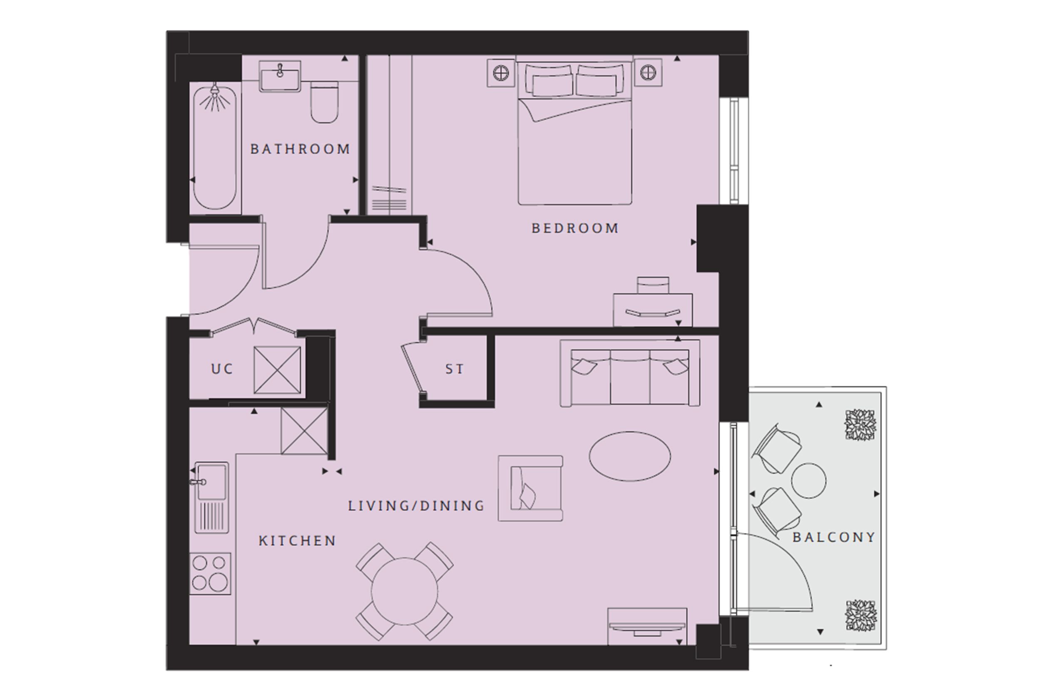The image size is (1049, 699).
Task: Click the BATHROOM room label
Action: [x=300, y=149]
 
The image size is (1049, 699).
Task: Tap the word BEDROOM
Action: [x=575, y=228]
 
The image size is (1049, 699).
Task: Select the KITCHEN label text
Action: [x=298, y=541]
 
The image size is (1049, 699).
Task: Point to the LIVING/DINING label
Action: [x=416, y=506]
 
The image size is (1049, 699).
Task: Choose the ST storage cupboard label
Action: [x=455, y=369]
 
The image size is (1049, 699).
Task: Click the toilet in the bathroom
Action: [x=324, y=102]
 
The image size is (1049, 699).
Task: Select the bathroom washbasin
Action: [x=280, y=77]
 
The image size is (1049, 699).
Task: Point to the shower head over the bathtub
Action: [x=215, y=91]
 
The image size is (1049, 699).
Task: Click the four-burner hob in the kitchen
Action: [x=210, y=573]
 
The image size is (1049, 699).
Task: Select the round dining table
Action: [x=405, y=592]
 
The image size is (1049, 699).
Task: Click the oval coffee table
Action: [x=630, y=456]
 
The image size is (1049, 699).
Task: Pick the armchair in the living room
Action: [x=530, y=488]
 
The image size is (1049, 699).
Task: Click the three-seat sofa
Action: [x=630, y=373]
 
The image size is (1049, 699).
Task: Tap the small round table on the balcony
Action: [x=808, y=481]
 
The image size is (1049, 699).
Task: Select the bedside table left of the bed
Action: [x=501, y=73]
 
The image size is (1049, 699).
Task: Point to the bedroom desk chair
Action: [x=653, y=285]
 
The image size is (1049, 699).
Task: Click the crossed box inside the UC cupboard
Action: [x=277, y=370]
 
